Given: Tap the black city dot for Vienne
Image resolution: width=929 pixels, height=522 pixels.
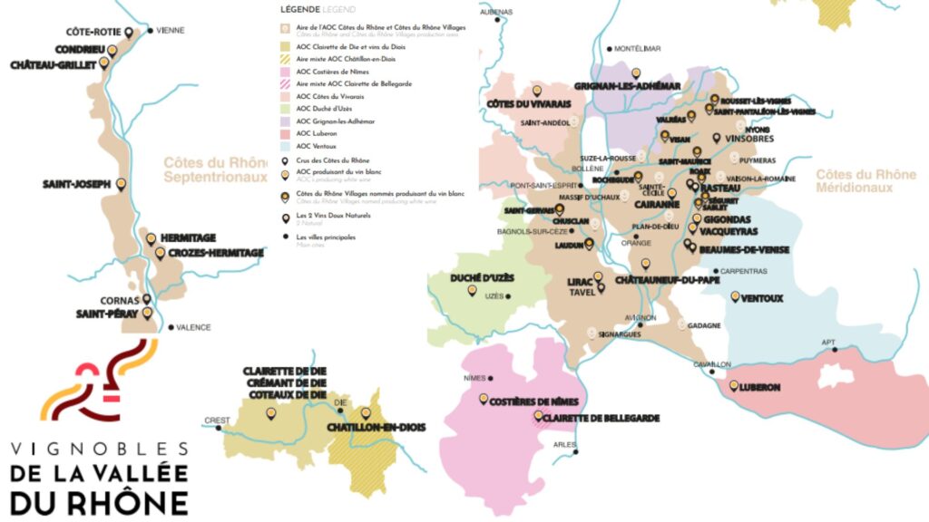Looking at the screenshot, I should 151,30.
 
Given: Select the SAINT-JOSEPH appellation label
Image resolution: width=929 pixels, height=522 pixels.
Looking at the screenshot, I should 76,185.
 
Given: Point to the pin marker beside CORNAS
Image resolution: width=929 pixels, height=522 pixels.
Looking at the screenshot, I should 147,298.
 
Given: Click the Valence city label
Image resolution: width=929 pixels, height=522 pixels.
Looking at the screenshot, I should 193,327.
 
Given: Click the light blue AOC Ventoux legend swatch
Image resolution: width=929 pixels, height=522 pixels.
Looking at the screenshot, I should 286,145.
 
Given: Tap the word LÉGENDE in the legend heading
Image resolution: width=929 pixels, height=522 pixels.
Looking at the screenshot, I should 300,9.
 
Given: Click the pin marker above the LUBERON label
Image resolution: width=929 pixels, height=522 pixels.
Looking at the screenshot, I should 734,385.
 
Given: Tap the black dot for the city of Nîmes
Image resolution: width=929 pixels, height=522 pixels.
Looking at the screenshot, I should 491,378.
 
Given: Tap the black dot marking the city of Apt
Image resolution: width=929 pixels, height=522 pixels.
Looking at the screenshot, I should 835,349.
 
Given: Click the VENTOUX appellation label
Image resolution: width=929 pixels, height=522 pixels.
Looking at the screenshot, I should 761,298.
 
